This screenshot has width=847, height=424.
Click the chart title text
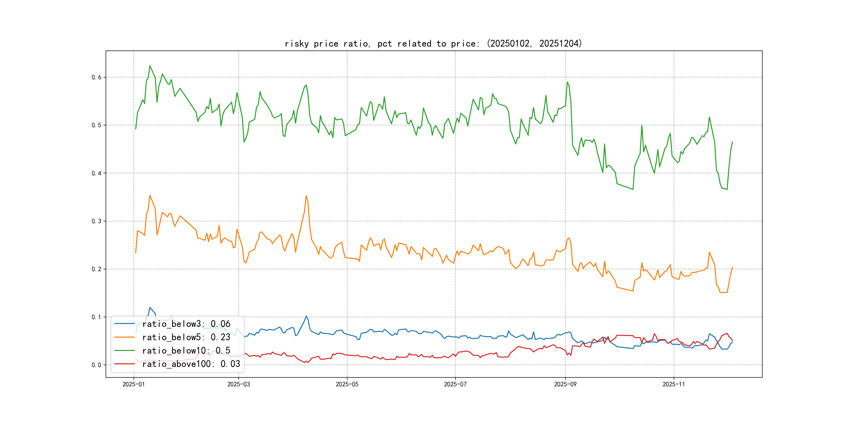(433, 43)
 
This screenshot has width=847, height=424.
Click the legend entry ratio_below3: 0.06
(186, 324)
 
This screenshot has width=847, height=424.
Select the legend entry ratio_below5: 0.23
(186, 337)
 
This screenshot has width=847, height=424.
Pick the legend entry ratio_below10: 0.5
(186, 351)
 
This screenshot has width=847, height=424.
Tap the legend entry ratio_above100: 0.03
(191, 364)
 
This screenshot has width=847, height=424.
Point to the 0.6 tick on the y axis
(96, 77)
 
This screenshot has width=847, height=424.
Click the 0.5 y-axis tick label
(96, 125)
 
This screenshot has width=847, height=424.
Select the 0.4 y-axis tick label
(96, 173)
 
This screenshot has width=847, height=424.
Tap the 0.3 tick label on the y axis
(96, 221)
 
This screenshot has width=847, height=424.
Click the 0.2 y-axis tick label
(96, 269)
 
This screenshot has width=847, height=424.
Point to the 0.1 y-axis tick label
(96, 317)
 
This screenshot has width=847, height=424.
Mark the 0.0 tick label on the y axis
(96, 365)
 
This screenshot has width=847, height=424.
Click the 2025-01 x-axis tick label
(134, 384)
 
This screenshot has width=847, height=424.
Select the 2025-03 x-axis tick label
(238, 384)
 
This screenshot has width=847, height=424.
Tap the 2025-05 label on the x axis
(347, 384)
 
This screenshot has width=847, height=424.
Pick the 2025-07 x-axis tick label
(455, 384)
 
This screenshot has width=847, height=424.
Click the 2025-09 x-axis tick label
(565, 384)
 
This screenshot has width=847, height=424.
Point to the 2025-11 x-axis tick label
(674, 384)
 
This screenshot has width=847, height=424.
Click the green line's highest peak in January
(150, 66)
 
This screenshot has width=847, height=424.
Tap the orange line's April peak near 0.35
(306, 196)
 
